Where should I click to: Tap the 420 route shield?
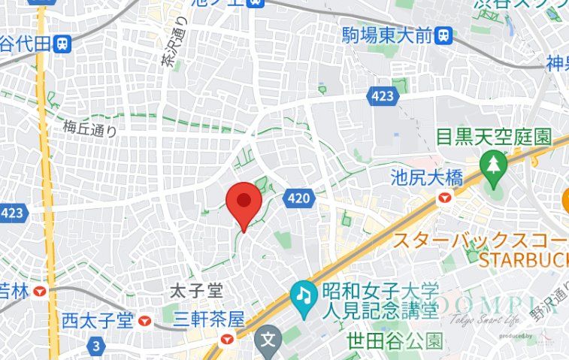298,198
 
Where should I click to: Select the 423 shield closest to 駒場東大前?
382,95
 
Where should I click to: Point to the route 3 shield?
95,346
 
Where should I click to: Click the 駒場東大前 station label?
387,35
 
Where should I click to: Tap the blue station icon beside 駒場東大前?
446,35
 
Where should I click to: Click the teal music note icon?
303,294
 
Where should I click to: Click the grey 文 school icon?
267,340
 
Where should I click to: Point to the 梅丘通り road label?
90,128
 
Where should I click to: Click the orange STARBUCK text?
522,259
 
